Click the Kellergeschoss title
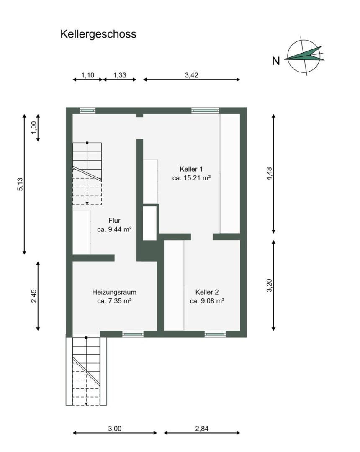(x=98, y=34)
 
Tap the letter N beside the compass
(x=276, y=61)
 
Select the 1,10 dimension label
(x=87, y=75)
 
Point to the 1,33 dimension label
(x=120, y=75)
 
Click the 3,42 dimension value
(x=192, y=75)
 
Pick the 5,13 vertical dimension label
(x=20, y=185)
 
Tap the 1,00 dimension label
(x=34, y=127)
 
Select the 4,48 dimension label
(x=269, y=174)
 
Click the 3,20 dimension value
(x=269, y=285)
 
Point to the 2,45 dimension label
(x=34, y=296)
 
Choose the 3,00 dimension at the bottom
(x=115, y=429)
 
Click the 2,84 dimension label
(x=202, y=429)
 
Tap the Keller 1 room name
(x=191, y=169)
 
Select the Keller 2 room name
(x=207, y=292)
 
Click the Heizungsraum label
(x=114, y=292)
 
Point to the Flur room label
(x=114, y=221)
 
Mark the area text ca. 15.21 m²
(x=191, y=178)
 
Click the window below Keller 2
(x=215, y=334)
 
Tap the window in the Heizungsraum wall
(x=133, y=334)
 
